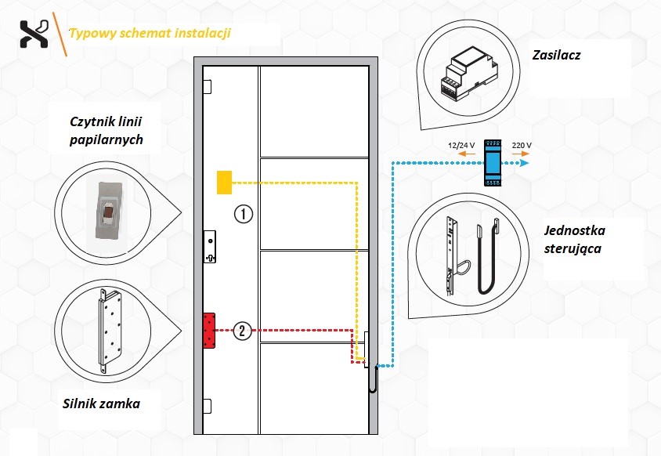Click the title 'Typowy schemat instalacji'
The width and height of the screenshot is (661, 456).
tap(149, 34)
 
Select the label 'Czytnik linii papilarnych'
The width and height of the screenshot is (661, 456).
tap(105, 129)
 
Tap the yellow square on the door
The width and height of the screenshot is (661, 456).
tap(225, 182)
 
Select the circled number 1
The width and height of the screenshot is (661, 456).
tap(244, 213)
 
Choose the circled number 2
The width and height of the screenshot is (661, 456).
tap(244, 331)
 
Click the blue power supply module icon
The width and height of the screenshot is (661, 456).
tap(493, 162)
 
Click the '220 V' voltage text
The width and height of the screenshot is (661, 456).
tap(522, 146)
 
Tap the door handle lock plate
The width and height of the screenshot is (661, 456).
tap(209, 248)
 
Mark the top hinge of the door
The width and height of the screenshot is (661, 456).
tap(207, 85)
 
